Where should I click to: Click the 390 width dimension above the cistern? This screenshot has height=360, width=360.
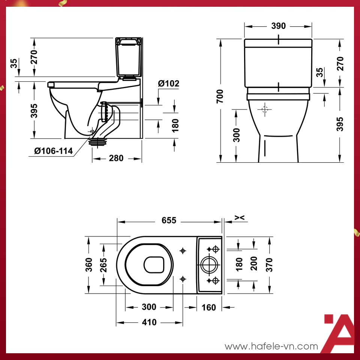tap(278, 26)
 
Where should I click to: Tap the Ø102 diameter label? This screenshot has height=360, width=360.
tap(168, 84)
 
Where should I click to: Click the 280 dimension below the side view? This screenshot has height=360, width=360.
tap(116, 158)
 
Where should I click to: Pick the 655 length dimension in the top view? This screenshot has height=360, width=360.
tap(169, 220)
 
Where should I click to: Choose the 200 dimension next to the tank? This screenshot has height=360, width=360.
tap(254, 264)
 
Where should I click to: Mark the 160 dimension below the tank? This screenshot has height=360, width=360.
tap(208, 307)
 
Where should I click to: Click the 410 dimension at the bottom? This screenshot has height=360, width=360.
tap(149, 322)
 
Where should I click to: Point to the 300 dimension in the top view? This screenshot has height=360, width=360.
tap(149, 307)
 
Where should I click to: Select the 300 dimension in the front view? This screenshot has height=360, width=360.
tap(236, 135)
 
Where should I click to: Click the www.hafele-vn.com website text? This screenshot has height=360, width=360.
tap(271, 346)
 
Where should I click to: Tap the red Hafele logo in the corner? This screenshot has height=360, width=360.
tap(338, 333)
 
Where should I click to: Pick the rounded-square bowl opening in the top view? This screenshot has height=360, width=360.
tap(154, 265)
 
